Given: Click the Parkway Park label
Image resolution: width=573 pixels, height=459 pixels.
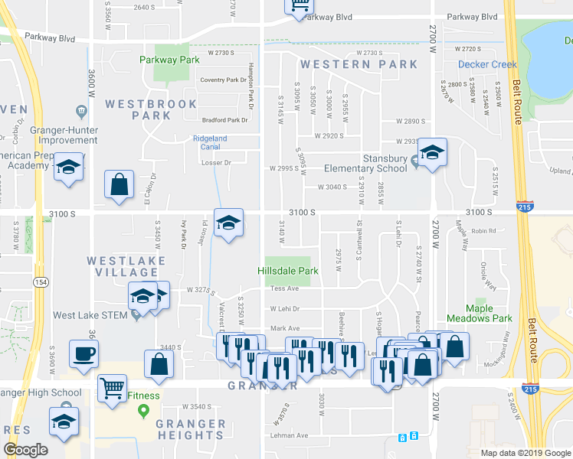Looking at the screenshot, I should pyautogui.click(x=169, y=60).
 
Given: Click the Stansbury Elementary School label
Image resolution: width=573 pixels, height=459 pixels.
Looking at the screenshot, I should pyautogui.click(x=365, y=164).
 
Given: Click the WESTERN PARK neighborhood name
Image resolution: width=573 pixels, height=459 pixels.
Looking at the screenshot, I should pyautogui.click(x=359, y=64).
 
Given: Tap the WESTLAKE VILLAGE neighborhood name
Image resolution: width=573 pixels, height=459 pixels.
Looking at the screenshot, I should pyautogui.click(x=122, y=266).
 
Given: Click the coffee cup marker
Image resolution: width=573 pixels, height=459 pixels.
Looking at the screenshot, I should pyautogui.click(x=83, y=354).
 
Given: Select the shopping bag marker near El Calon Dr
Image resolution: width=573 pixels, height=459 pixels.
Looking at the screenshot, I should pyautogui.click(x=120, y=185).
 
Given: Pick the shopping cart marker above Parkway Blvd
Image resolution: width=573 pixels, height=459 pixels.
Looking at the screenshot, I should pyautogui.click(x=300, y=5).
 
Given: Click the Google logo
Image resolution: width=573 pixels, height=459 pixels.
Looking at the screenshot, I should pyautogui.click(x=26, y=450).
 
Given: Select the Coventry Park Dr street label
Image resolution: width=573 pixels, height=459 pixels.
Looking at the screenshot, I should pyautogui.click(x=223, y=80).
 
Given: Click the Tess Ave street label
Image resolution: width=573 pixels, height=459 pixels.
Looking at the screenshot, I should pyautogui.click(x=283, y=288).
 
